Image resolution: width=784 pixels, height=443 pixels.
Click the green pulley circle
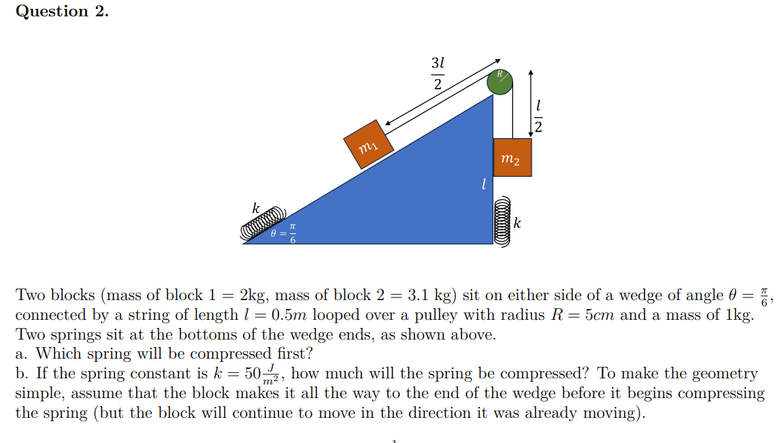(x=500, y=82)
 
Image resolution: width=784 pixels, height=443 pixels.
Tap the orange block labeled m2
(x=512, y=157)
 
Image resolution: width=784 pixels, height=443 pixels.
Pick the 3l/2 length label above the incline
(x=438, y=73)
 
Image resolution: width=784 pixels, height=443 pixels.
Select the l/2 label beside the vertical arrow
(x=538, y=116)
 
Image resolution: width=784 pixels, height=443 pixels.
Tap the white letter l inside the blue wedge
(x=483, y=184)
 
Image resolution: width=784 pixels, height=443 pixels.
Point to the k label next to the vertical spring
(x=518, y=223)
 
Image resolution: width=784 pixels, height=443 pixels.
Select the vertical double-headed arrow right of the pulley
(x=531, y=102)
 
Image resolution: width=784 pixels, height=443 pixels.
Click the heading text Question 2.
(x=62, y=12)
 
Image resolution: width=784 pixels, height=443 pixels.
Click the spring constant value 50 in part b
(x=252, y=374)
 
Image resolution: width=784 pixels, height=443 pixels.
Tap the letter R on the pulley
(x=499, y=73)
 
